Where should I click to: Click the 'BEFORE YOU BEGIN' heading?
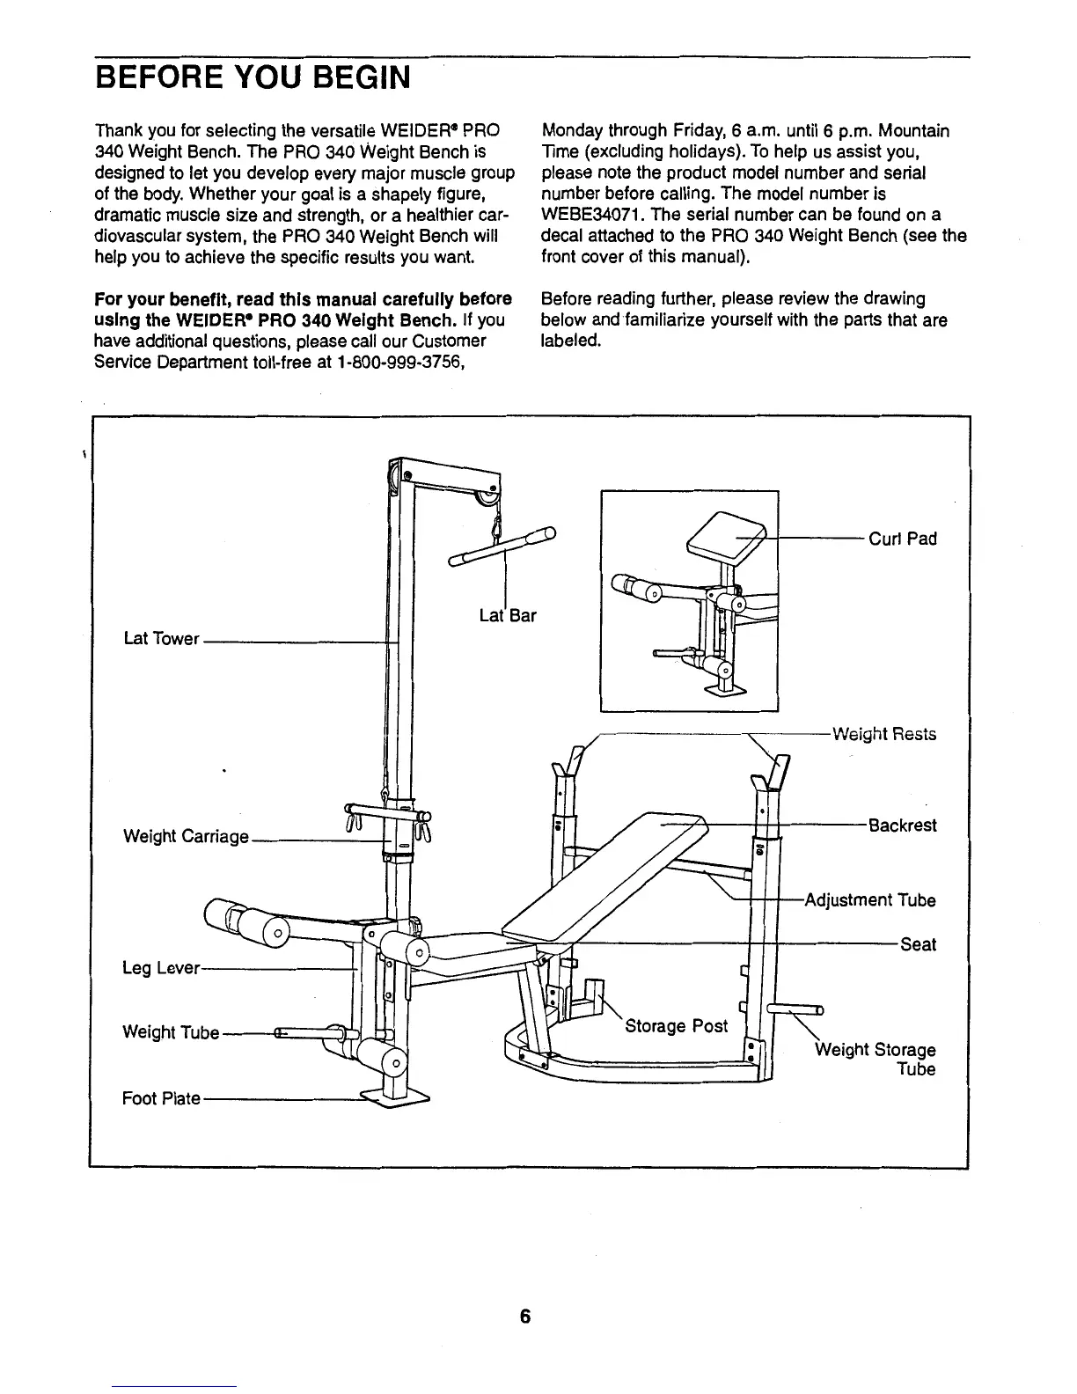253,77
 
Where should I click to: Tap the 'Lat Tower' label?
162,639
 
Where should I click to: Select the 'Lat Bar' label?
508,615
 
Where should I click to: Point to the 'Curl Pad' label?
903,539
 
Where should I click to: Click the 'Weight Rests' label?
884,734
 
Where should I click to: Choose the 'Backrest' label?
903,825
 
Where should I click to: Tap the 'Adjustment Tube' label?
871,900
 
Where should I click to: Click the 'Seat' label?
918,944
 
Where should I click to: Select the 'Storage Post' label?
676,1026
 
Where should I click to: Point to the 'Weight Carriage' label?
187,836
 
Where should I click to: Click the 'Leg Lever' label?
161,968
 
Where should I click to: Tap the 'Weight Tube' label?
171,1032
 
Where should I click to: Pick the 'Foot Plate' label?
161,1098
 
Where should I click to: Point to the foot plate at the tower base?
396,1097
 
